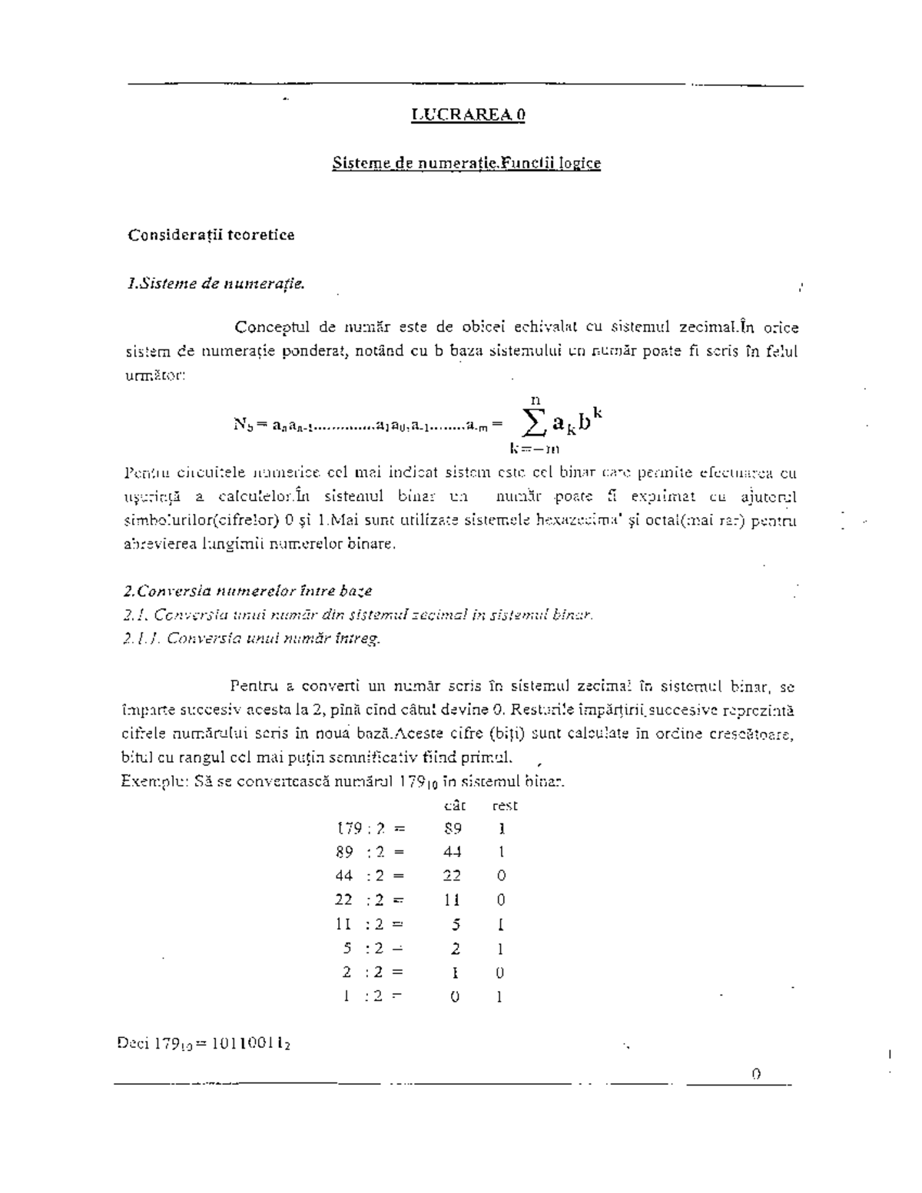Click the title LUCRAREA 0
click(x=468, y=115)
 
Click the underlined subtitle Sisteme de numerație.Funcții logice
click(x=466, y=163)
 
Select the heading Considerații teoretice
click(x=211, y=235)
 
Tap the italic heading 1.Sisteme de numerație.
click(x=215, y=284)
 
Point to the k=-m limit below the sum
click(x=532, y=448)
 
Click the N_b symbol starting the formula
click(x=242, y=423)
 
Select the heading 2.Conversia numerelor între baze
click(x=247, y=592)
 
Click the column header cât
click(x=455, y=806)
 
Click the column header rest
click(x=505, y=806)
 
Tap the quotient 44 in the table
click(x=452, y=852)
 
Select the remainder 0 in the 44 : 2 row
click(x=501, y=876)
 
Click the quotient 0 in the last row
click(x=455, y=997)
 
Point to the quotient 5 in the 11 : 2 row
click(x=456, y=925)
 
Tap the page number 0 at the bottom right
click(x=756, y=1074)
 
